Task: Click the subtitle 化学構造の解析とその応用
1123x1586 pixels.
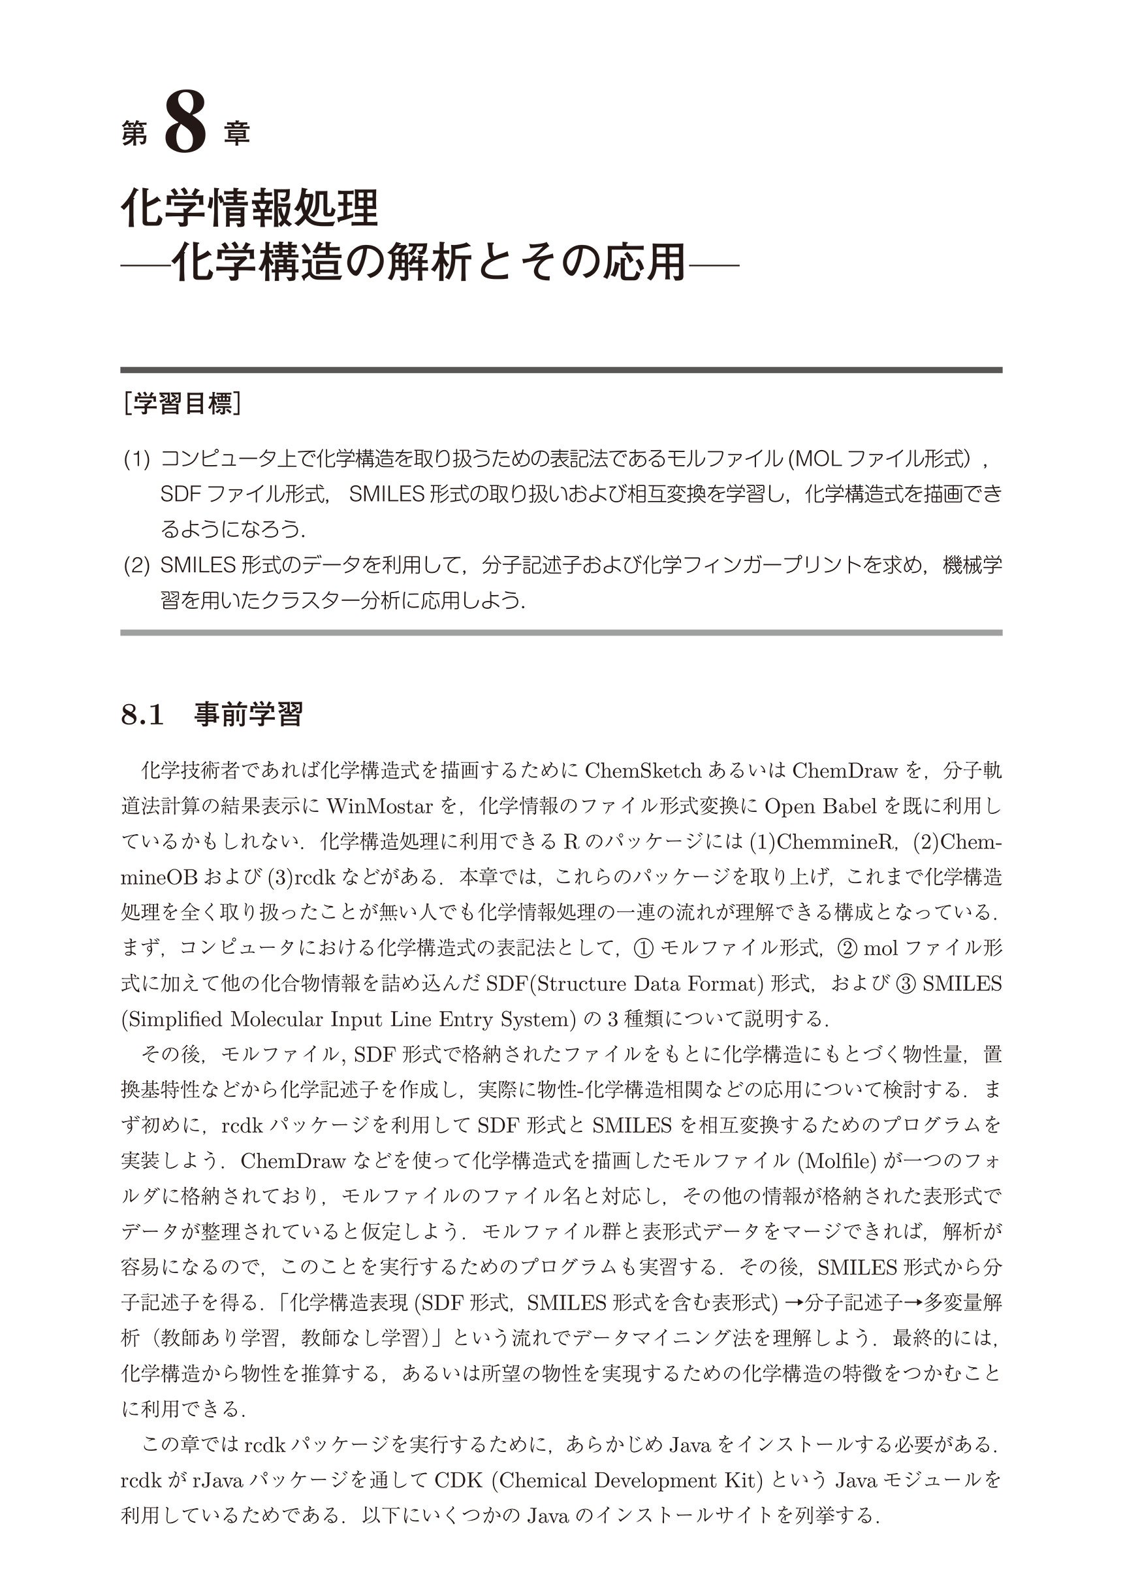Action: pyautogui.click(x=429, y=262)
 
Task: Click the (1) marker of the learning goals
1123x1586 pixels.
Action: pyautogui.click(x=136, y=459)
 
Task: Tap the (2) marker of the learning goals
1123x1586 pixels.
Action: pyautogui.click(x=136, y=565)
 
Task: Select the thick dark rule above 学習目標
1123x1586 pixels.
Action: pyautogui.click(x=561, y=370)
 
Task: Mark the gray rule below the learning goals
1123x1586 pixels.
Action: pyautogui.click(x=561, y=632)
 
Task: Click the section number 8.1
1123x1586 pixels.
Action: pyautogui.click(x=142, y=715)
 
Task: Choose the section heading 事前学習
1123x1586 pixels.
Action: pyautogui.click(x=248, y=715)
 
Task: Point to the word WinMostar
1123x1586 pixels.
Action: pyautogui.click(x=379, y=806)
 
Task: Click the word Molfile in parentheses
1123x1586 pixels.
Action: pyautogui.click(x=837, y=1161)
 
